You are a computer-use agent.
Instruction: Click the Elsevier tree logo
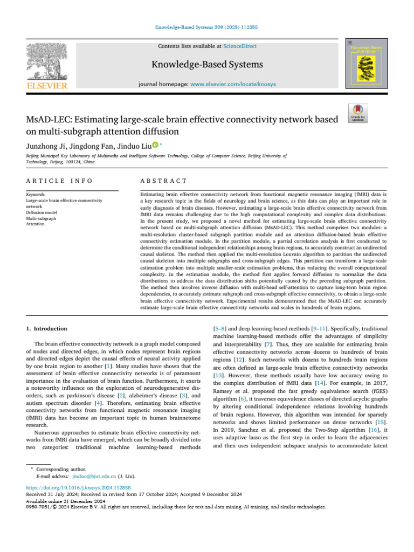coord(47,60)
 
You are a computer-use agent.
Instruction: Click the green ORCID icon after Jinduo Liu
coord(155,144)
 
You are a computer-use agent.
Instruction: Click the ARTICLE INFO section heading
coord(59,181)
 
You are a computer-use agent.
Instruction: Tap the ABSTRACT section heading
coord(163,181)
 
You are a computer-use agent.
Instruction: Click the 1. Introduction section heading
coord(47,328)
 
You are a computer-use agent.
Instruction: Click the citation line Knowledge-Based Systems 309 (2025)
coord(207,26)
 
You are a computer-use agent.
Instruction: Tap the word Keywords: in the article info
coord(36,194)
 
